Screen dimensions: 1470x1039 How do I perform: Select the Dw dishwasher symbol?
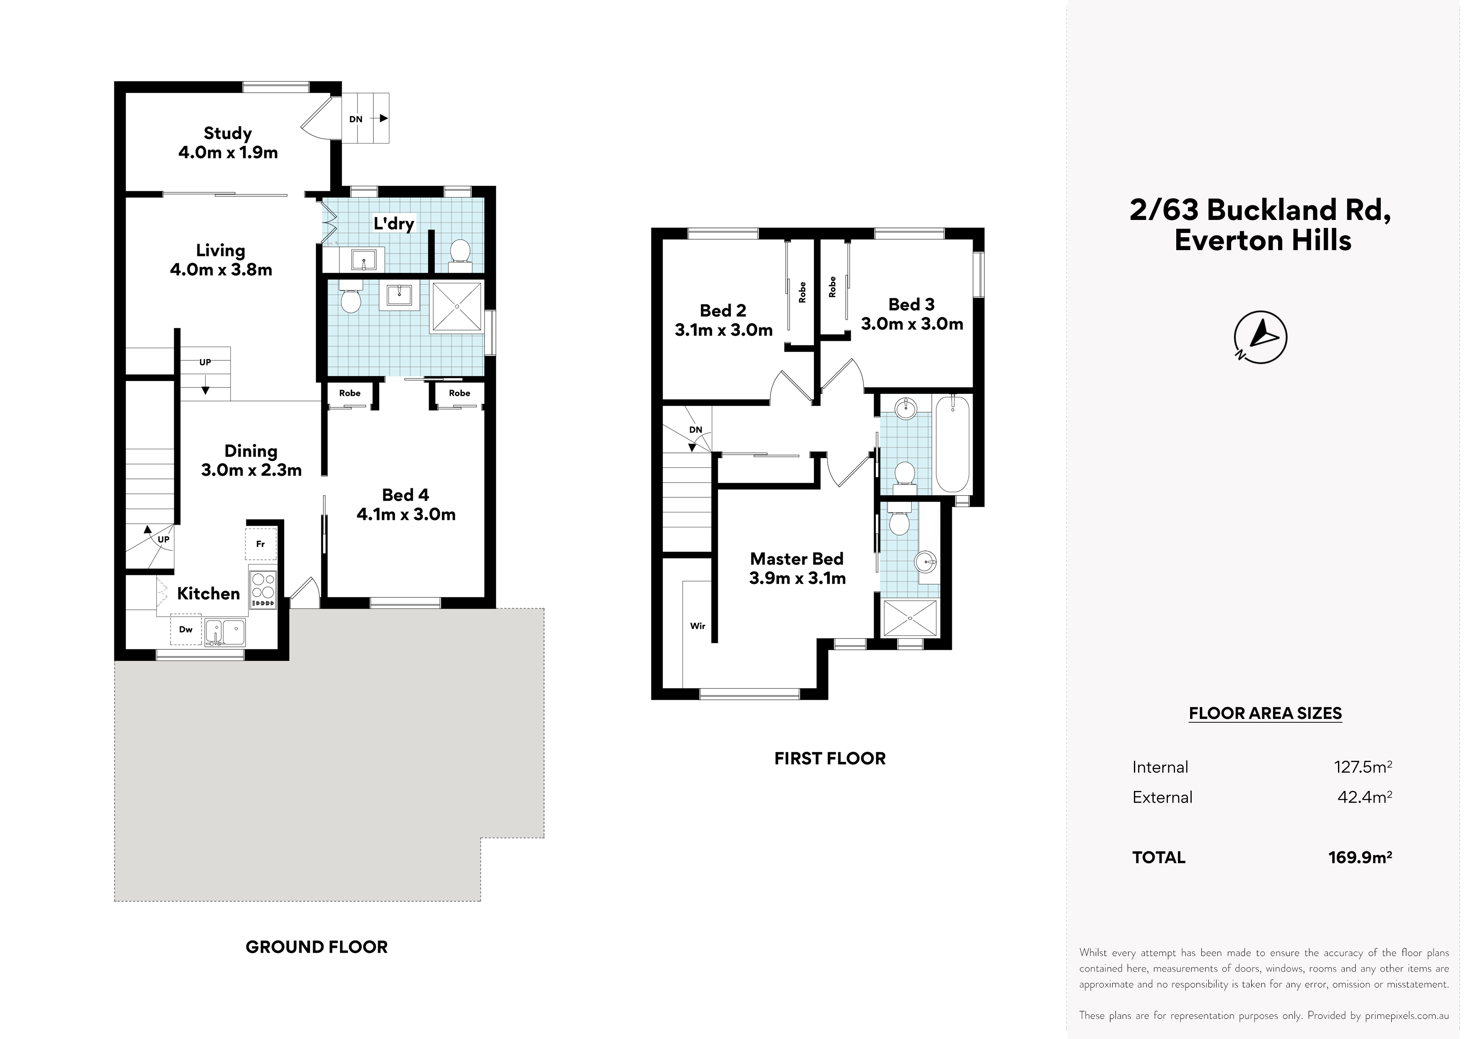click(186, 629)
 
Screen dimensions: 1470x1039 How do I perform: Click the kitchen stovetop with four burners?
click(263, 589)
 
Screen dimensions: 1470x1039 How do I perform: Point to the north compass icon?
click(1260, 337)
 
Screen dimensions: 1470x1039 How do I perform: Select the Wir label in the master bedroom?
click(697, 626)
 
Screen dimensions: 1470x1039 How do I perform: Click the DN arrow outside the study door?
click(383, 119)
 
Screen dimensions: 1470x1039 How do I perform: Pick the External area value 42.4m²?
click(1364, 796)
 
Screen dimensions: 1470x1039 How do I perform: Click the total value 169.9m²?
click(1360, 857)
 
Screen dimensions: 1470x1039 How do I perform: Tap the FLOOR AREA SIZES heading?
click(1265, 713)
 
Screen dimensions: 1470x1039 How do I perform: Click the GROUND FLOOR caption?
click(317, 947)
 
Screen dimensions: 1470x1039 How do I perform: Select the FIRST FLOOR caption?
click(830, 759)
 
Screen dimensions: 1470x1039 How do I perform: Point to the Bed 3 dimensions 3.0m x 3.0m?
click(912, 324)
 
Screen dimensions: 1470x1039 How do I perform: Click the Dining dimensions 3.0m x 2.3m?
click(251, 470)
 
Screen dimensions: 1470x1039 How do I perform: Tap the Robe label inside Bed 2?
click(802, 292)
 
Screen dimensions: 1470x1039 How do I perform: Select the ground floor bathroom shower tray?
click(457, 307)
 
